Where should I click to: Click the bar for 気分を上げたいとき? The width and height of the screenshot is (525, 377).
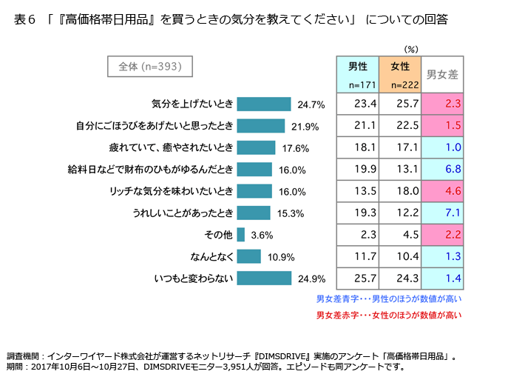tap(264, 104)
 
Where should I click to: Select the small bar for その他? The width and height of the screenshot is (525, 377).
tap(241, 235)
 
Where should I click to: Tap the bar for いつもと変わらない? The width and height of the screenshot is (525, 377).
tap(264, 278)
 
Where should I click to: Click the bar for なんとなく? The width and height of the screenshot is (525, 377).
tap(249, 256)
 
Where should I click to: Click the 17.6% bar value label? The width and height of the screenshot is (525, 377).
tap(294, 148)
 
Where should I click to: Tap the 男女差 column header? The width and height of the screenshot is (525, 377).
tap(442, 74)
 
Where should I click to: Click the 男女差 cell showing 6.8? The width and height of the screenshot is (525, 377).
tap(442, 169)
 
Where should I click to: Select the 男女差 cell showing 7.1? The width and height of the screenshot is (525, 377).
tap(442, 213)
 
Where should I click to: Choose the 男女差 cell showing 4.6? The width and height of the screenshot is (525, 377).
tap(442, 190)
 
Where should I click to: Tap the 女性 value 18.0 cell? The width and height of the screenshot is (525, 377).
tap(400, 190)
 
